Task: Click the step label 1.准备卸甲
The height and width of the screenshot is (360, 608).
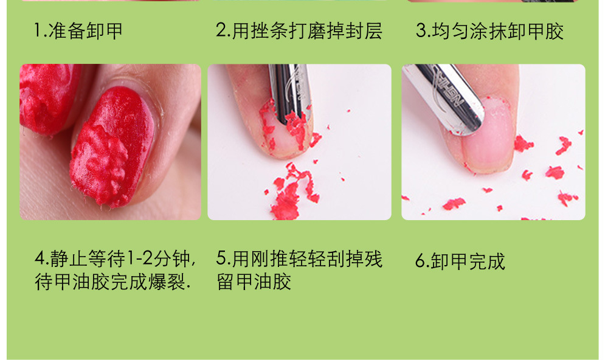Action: click(78, 30)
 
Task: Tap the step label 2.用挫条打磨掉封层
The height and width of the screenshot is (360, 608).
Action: click(299, 30)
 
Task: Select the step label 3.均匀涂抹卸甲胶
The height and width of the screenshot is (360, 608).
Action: click(489, 30)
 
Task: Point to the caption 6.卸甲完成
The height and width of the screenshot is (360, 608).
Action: click(460, 261)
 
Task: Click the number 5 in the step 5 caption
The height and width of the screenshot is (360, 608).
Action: click(221, 258)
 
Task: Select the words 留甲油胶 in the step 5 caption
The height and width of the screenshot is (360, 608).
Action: click(254, 282)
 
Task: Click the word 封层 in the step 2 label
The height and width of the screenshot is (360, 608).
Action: click(364, 30)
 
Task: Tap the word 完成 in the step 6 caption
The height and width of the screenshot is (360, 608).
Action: click(487, 261)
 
